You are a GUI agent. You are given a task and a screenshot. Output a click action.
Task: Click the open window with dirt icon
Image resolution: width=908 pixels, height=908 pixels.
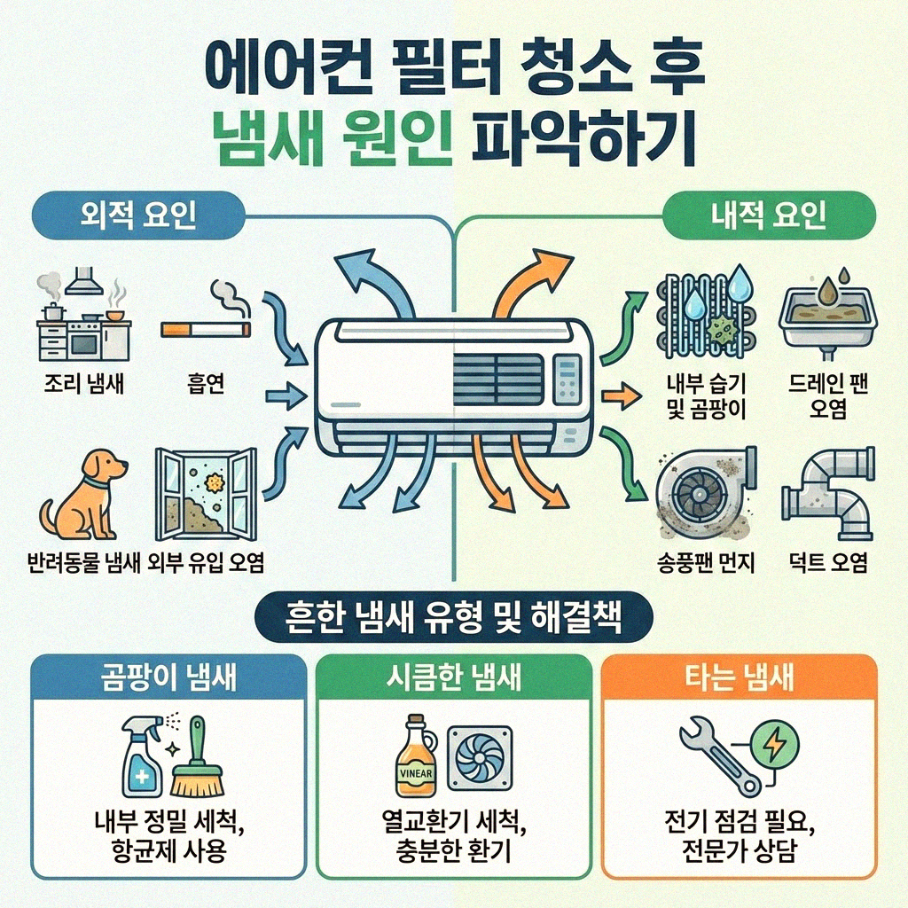(x=206, y=493)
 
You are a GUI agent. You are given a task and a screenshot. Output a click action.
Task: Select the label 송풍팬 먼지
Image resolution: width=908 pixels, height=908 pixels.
(x=701, y=562)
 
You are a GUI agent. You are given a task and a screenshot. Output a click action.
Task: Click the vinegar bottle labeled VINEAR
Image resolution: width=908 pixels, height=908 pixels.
(x=416, y=758)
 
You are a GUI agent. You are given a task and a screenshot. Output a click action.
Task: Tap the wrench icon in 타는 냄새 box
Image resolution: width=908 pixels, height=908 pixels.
(x=717, y=755)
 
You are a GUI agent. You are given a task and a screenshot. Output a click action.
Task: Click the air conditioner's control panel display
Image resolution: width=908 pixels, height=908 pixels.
(x=568, y=377)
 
